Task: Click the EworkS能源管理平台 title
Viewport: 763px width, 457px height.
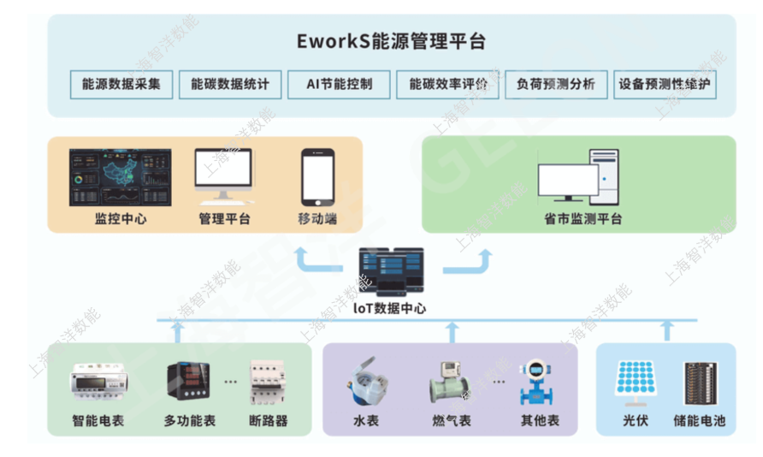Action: click(392, 40)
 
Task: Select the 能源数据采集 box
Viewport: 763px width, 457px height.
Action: click(121, 84)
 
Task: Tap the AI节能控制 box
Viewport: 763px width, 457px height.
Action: click(339, 84)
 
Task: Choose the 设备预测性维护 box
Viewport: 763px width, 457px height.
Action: click(665, 84)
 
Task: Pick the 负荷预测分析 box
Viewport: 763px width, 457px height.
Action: click(556, 84)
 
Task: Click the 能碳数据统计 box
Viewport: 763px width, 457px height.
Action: click(230, 84)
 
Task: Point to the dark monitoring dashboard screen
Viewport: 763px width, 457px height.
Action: click(120, 178)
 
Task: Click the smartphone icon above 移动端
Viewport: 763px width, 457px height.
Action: click(316, 177)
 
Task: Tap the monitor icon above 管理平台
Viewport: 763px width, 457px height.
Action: click(224, 175)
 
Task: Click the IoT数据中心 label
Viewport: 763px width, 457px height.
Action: click(390, 309)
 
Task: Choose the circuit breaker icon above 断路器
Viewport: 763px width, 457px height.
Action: click(268, 383)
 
